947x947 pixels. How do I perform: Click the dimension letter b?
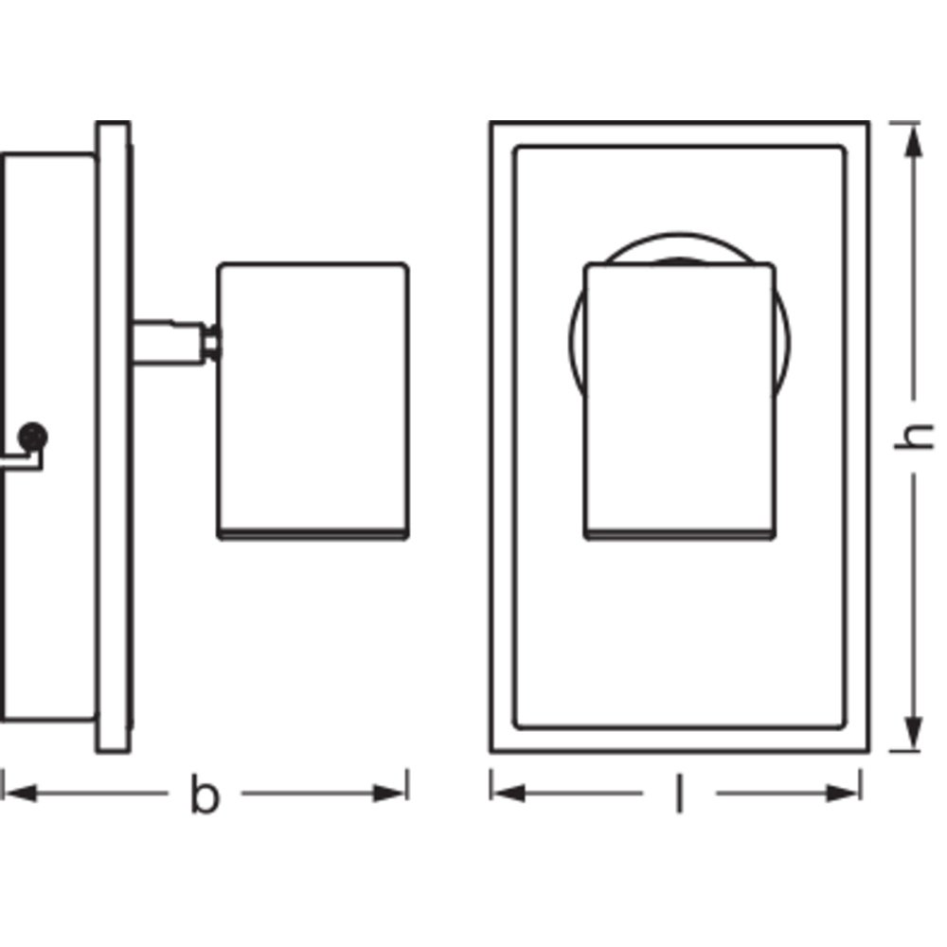(x=205, y=793)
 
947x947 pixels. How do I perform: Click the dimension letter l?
(x=679, y=794)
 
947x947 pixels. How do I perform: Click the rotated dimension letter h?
(x=914, y=437)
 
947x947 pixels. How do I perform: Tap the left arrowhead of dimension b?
(x=20, y=793)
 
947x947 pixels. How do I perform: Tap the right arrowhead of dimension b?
(x=389, y=793)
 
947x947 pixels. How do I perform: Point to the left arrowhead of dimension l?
(x=509, y=793)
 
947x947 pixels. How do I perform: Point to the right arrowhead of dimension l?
(x=843, y=793)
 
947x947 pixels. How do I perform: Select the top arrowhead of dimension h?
(x=913, y=140)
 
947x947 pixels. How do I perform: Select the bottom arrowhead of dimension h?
(x=913, y=733)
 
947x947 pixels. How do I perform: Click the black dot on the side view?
(x=32, y=437)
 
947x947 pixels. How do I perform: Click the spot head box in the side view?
(x=313, y=401)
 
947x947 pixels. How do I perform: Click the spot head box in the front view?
(x=679, y=401)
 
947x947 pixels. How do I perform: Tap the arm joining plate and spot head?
(x=169, y=343)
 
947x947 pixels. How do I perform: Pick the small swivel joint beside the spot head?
(x=211, y=343)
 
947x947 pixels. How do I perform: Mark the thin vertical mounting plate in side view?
(x=113, y=438)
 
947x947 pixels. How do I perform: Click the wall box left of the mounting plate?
(x=48, y=438)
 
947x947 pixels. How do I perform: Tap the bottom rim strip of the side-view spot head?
(x=313, y=534)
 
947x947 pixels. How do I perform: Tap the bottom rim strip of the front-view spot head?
(x=679, y=534)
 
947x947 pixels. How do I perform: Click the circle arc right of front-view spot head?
(x=783, y=345)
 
